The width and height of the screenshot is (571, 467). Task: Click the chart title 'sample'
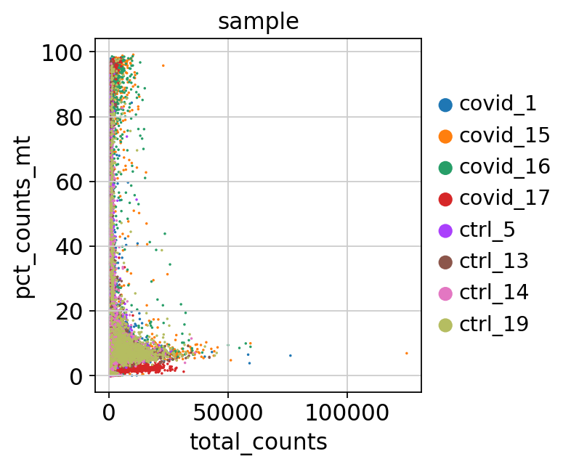coord(259,22)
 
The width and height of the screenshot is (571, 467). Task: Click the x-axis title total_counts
coord(258,441)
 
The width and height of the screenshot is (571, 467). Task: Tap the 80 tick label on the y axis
coord(76,117)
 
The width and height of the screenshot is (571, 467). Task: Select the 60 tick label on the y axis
coord(76,182)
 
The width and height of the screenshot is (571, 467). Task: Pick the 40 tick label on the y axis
coord(76,246)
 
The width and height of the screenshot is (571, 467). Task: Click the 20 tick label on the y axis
coord(76,311)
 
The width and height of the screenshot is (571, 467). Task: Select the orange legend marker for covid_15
coord(445,136)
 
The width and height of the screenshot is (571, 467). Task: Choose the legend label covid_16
coord(504,167)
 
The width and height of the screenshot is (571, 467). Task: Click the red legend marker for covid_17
coord(445,198)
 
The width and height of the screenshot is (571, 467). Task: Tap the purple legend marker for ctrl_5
coord(445,230)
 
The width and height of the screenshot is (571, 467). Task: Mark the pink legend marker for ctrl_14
coord(445,293)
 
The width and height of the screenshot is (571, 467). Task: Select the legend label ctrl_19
coord(493,324)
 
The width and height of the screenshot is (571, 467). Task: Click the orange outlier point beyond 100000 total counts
coord(407,353)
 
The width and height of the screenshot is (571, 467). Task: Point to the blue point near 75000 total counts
coord(290,355)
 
